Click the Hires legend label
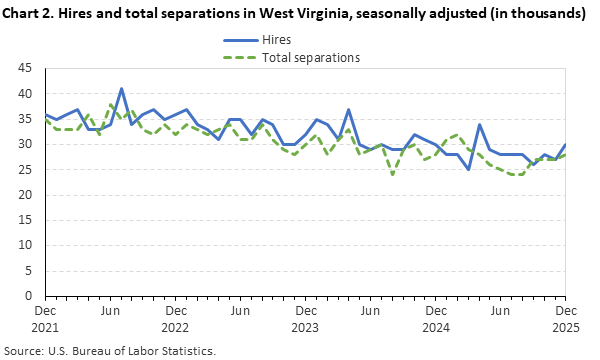277,39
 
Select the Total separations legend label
310,57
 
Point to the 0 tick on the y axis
31,296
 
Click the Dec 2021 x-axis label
45,319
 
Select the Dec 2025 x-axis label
565,319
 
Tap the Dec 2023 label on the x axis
305,319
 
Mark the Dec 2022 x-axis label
175,319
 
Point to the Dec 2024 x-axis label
435,319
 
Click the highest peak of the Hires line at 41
121,89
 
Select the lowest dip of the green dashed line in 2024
392,174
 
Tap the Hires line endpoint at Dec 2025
565,144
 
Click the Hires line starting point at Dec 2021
45,114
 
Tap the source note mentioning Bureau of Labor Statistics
112,350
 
